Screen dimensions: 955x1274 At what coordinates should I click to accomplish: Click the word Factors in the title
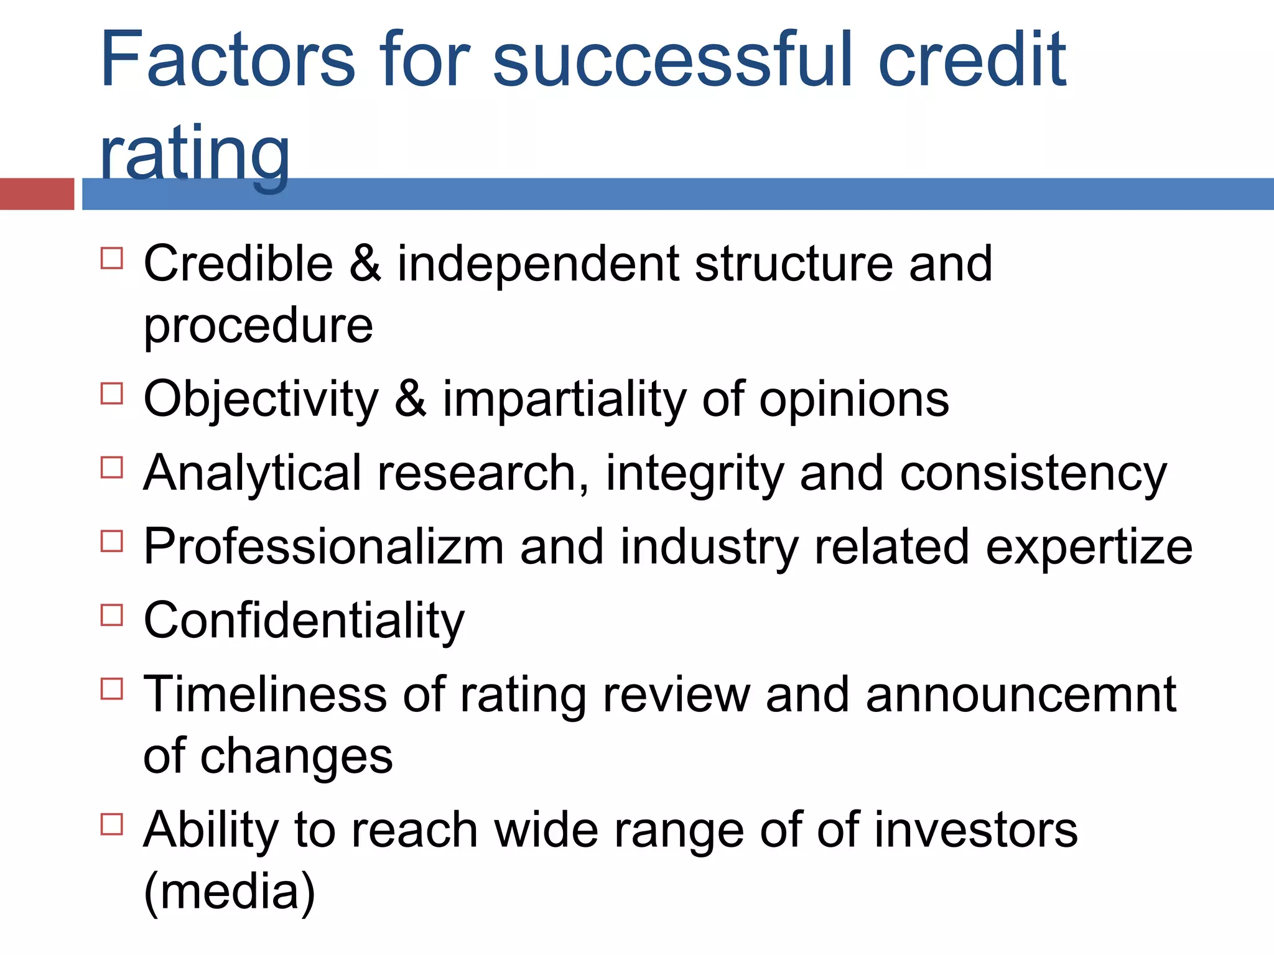228,60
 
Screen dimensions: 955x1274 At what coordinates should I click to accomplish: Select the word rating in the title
195,154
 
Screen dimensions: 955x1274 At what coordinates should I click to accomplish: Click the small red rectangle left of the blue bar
37,194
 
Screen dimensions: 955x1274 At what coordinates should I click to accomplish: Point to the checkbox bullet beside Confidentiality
112,615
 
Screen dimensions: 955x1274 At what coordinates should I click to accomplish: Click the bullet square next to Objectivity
112,394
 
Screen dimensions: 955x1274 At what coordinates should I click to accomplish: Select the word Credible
238,264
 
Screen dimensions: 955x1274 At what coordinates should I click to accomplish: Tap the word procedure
258,326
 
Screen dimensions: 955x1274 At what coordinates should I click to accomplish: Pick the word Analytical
253,474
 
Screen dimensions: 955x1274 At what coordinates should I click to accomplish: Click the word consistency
1033,474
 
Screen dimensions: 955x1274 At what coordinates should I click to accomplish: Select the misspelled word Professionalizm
323,547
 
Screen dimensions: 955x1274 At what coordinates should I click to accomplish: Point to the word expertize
1089,547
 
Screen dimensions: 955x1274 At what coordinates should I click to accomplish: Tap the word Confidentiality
304,621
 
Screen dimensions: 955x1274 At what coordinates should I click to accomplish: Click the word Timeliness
265,694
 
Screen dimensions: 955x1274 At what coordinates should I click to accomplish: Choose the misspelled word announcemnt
1021,694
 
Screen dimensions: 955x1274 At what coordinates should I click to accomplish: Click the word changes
296,756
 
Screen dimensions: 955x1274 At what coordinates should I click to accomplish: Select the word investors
976,830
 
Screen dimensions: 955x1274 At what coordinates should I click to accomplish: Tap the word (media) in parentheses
230,892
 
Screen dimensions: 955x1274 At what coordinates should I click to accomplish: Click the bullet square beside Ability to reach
112,824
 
